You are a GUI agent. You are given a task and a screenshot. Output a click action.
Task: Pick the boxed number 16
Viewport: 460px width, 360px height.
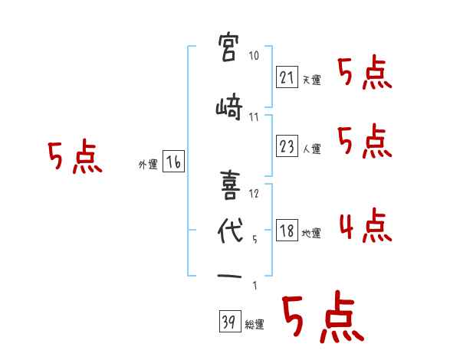tap(173, 162)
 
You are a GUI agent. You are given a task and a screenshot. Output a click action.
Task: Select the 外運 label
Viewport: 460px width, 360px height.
tap(147, 164)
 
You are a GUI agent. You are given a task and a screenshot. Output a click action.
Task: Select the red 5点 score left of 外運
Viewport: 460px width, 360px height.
tap(74, 159)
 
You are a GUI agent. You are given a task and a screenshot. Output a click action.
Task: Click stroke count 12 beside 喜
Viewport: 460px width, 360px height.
tap(255, 194)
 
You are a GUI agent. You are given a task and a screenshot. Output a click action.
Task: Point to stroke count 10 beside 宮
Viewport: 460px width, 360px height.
tap(255, 56)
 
